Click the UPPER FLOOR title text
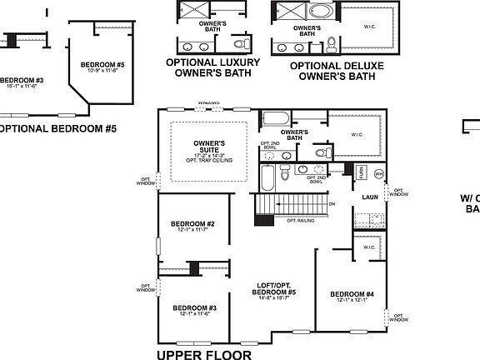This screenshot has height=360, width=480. [203, 352]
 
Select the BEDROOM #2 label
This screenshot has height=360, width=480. [192, 223]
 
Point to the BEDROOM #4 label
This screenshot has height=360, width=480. [352, 293]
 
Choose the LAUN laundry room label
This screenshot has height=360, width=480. [371, 197]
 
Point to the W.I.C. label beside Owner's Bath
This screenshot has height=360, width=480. [357, 134]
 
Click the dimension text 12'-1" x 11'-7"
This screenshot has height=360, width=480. [192, 231]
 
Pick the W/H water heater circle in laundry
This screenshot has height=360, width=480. [377, 173]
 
